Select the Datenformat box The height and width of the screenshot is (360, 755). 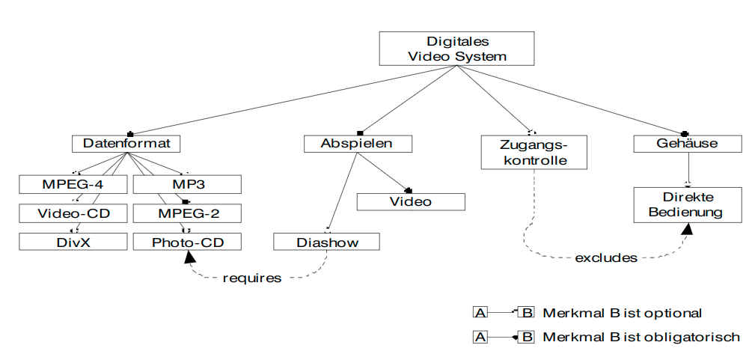(x=126, y=144)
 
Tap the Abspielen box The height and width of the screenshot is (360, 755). (x=358, y=144)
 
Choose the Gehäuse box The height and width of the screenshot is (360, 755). (x=687, y=144)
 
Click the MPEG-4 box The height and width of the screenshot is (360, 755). (x=74, y=183)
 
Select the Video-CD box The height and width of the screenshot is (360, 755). (x=74, y=213)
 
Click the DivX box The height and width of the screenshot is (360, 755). (x=74, y=242)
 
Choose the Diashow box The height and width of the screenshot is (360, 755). (x=327, y=242)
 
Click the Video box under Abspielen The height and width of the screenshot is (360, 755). (x=411, y=201)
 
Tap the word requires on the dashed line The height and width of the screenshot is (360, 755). (x=252, y=278)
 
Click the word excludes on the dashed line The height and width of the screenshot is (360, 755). (x=606, y=258)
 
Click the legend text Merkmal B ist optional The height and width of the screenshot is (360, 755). (x=623, y=312)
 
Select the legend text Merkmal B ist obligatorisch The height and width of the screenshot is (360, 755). (x=641, y=337)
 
